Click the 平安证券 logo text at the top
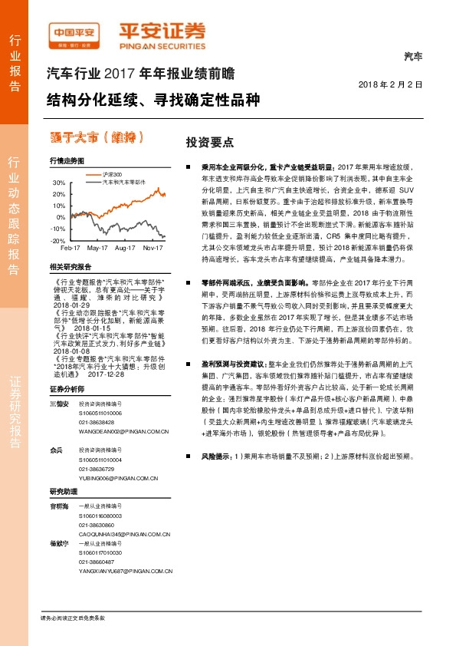(x=161, y=31)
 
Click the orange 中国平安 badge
(x=75, y=32)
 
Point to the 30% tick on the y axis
(x=57, y=183)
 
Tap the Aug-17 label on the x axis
(x=125, y=249)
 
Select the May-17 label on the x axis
(x=97, y=249)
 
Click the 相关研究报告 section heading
(x=70, y=266)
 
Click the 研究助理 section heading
(x=64, y=491)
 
